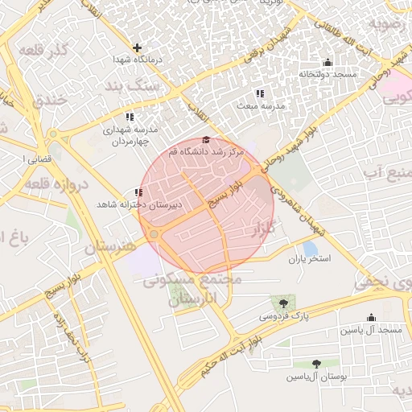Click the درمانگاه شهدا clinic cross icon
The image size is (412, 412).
[138, 47]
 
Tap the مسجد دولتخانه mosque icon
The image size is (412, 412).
[328, 63]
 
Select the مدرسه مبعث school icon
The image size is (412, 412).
[259, 93]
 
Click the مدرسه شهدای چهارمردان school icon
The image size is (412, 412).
[130, 117]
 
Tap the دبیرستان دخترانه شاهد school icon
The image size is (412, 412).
[139, 192]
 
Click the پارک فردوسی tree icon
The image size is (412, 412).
[282, 303]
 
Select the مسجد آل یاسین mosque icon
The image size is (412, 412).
[371, 318]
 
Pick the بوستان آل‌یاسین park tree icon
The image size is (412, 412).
[316, 364]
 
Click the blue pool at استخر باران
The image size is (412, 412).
[310, 249]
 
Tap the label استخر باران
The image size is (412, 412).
[310, 260]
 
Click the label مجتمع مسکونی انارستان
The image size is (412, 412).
[192, 290]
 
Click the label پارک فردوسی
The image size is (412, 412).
[281, 317]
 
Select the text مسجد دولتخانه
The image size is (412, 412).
[328, 75]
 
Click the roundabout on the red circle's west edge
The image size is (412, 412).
[153, 233]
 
